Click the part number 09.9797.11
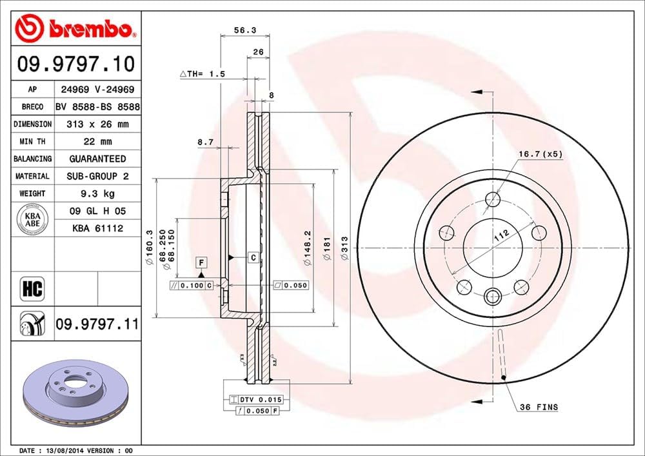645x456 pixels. coord(97,324)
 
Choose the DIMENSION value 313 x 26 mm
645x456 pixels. coord(97,124)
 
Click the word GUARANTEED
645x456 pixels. coord(97,159)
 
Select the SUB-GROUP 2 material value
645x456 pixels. coord(97,176)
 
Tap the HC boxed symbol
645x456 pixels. coord(32,288)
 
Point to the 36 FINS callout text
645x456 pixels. coord(539,407)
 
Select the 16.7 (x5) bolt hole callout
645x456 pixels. coord(540,154)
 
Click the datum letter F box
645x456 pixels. coord(202,263)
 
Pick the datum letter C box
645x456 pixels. coord(253,258)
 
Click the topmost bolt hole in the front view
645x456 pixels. coord(493,199)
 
